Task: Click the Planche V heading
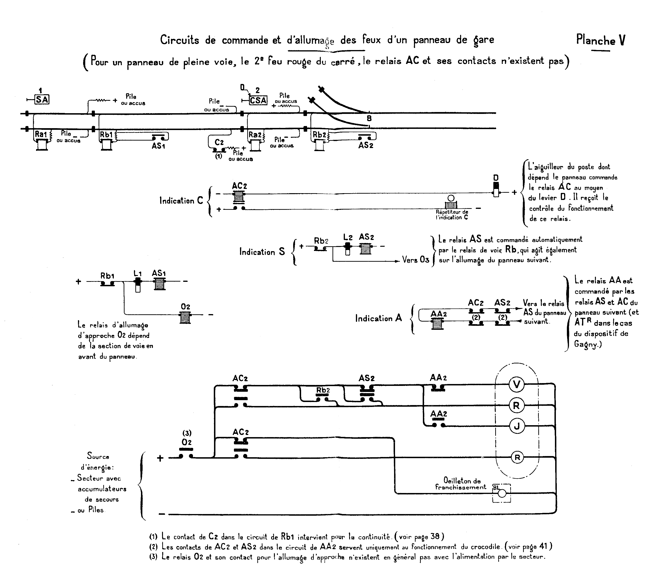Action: pos(601,40)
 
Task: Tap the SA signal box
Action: pos(42,100)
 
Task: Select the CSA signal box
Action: pos(258,100)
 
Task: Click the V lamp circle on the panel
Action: pos(516,385)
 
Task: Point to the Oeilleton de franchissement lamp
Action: pos(502,494)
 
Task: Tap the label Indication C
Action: pos(181,201)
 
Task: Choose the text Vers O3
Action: pos(415,260)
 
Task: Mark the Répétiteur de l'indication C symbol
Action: pos(451,204)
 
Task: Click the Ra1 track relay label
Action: pos(41,134)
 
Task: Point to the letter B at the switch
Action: pos(369,119)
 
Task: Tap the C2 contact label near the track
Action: pos(219,142)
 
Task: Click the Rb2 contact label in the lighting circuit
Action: pos(323,390)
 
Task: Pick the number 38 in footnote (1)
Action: pos(435,536)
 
